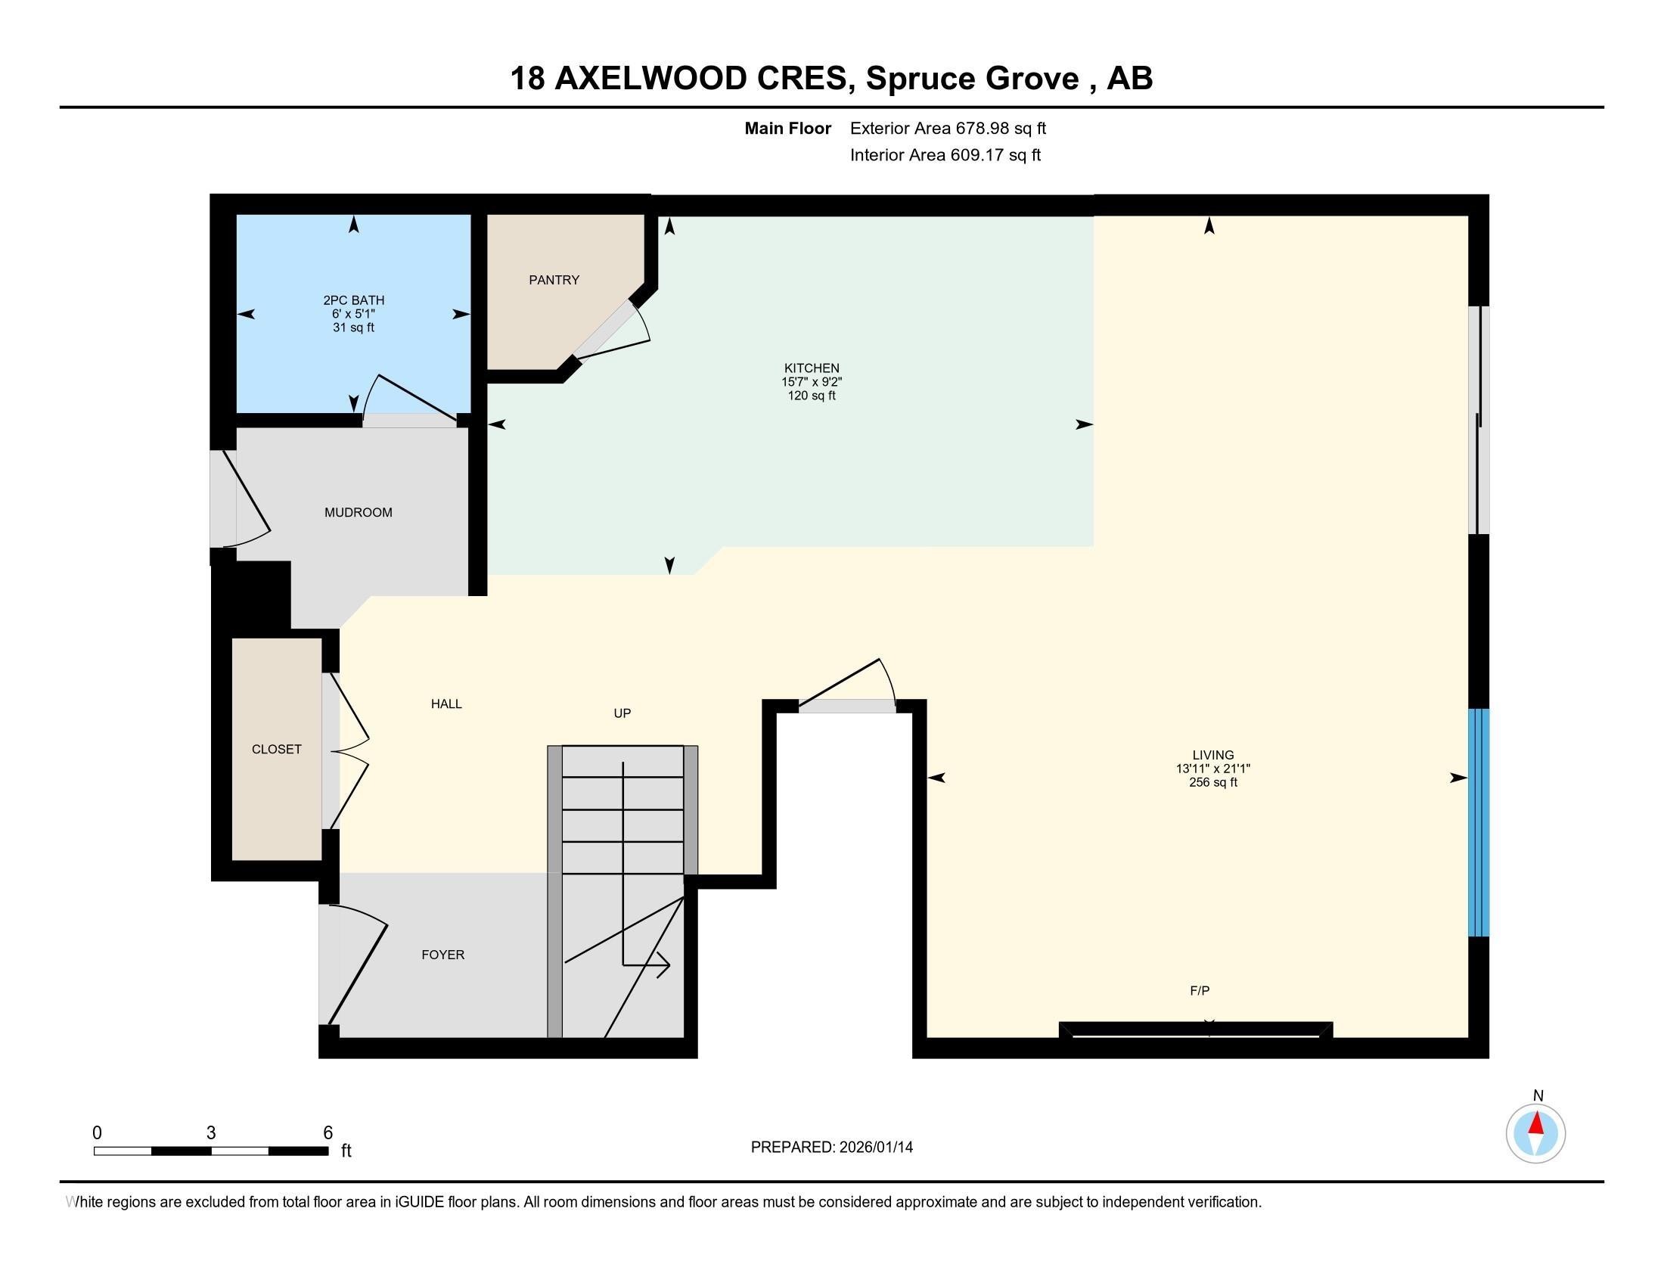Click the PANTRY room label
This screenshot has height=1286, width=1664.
(554, 280)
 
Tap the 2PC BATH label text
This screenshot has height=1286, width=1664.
(353, 300)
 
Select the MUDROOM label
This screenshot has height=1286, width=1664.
(358, 512)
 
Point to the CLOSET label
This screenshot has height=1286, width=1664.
(277, 749)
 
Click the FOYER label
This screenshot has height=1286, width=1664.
(442, 955)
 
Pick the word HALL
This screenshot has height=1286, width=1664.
(446, 704)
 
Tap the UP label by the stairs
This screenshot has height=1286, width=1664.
(622, 713)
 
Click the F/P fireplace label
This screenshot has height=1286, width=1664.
(1200, 990)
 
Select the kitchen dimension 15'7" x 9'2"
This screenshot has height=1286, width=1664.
(812, 382)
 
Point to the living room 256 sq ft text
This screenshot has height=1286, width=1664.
(1213, 781)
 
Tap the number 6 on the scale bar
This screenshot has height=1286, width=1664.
(328, 1132)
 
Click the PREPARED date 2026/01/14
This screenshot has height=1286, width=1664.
(874, 1147)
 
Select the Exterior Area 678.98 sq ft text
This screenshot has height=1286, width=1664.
(948, 128)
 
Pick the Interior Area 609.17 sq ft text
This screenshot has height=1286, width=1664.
(945, 154)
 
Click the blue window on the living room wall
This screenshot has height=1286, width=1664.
(1478, 822)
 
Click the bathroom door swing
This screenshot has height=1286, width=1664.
(411, 396)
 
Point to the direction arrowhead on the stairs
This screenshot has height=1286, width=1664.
(660, 965)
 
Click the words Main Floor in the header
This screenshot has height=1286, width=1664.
(788, 128)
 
